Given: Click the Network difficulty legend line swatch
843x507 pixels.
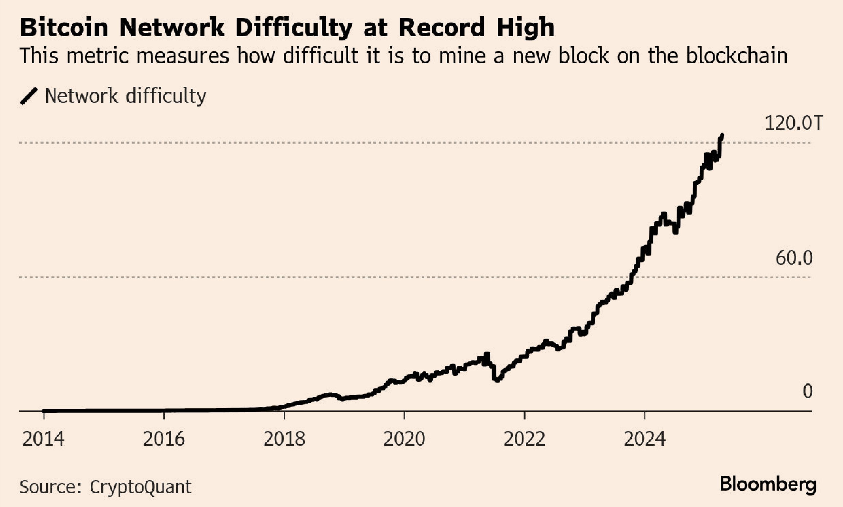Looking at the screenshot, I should [29, 96].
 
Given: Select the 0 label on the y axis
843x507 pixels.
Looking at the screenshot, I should [807, 391].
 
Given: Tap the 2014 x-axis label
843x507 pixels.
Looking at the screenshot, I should [43, 439].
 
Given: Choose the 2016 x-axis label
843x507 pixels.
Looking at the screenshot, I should [164, 439].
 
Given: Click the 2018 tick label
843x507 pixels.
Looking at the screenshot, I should [284, 439].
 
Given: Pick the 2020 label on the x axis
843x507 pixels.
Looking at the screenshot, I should [404, 439].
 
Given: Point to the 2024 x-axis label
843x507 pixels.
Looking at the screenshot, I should [645, 439].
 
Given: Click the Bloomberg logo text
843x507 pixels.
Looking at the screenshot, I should [768, 484].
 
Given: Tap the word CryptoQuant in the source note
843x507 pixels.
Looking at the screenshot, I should [140, 487].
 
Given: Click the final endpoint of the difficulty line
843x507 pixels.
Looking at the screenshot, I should [722, 135].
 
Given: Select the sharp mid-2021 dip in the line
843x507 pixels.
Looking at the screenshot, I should [497, 379].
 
